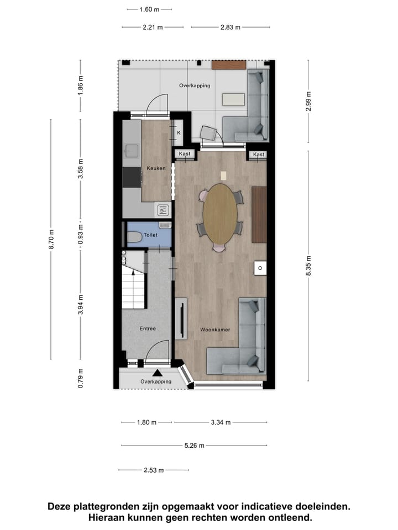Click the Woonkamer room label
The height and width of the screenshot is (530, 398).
[x=215, y=330]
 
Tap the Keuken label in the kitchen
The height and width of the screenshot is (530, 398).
[x=156, y=168]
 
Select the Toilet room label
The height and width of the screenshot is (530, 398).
[x=150, y=235]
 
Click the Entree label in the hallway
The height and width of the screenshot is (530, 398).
[x=148, y=328]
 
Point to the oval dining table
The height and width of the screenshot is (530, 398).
[x=219, y=214]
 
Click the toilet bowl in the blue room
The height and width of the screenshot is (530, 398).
[x=135, y=238]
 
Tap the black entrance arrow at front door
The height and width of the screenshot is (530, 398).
[x=157, y=374]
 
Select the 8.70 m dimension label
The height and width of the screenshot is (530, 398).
[x=51, y=239]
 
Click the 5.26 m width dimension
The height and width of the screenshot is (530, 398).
[x=194, y=446]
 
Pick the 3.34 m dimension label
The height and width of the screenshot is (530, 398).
[x=221, y=422]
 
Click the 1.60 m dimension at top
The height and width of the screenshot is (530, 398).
[x=149, y=9]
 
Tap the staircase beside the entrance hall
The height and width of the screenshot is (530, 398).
[x=133, y=287]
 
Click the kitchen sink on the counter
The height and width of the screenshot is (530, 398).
[x=132, y=150]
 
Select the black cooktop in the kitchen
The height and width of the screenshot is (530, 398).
[x=132, y=178]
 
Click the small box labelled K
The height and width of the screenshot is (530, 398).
[x=179, y=132]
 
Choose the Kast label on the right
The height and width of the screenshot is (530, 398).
[x=259, y=155]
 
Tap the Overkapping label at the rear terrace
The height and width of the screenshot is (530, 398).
[x=194, y=86]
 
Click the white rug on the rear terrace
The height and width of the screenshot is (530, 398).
[x=233, y=99]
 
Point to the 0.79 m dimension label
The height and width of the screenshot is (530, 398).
[x=81, y=378]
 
